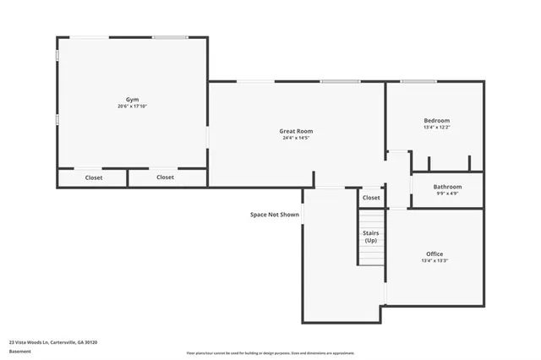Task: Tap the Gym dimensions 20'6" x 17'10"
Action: coord(133,106)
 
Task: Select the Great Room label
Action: coord(296,131)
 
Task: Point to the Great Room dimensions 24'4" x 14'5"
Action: coord(296,138)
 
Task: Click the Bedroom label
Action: coord(436,121)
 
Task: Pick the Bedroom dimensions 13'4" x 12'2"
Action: coord(436,128)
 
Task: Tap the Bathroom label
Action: coord(447,187)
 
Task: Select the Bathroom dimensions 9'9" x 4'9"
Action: coord(447,194)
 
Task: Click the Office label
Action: coord(434,254)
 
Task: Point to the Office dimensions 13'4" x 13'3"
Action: coord(434,261)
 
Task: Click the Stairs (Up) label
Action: coord(370,237)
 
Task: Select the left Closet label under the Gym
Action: coord(94,177)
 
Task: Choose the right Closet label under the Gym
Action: coord(165,177)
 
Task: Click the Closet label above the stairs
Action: coord(371,198)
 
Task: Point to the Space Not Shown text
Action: coord(275,215)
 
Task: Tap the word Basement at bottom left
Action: coord(19,352)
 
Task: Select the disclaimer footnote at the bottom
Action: coord(270,353)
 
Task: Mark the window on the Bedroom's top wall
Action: coord(418,82)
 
